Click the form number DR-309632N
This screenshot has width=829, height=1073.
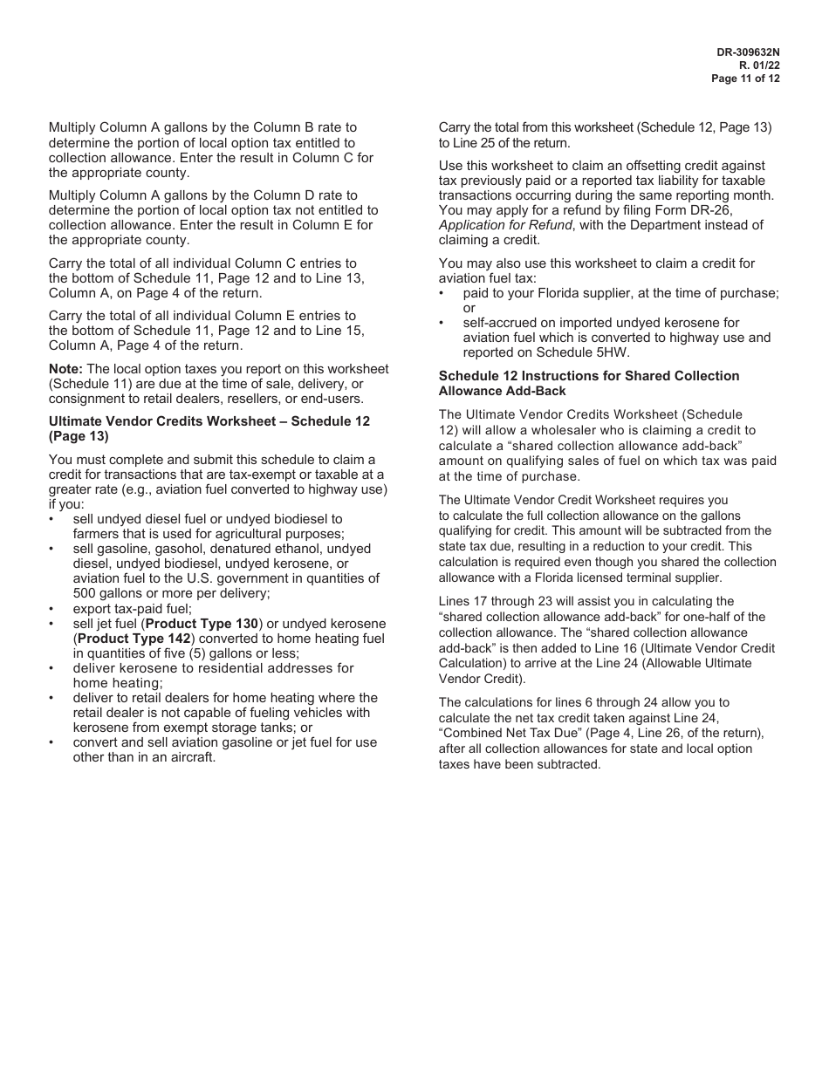pos(748,52)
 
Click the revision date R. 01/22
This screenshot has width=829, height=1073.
pos(758,65)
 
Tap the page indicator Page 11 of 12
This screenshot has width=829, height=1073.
pos(745,79)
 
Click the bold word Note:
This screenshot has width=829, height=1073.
pos(66,370)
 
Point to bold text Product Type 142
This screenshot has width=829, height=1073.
pos(134,639)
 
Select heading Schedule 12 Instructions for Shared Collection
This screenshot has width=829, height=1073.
pos(588,376)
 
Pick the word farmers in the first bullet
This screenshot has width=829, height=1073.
pos(97,534)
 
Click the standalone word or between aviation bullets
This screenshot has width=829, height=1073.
pos(469,308)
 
